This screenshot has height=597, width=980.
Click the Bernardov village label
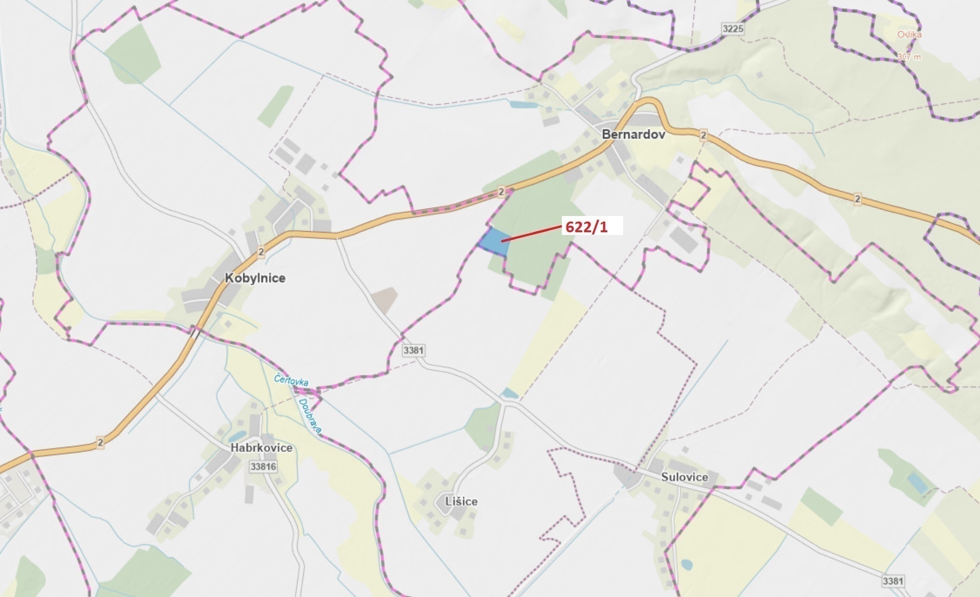(633, 135)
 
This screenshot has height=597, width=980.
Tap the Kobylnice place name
(255, 278)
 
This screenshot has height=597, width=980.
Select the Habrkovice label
(261, 448)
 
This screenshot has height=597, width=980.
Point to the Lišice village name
(461, 502)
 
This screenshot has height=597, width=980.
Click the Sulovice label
(684, 477)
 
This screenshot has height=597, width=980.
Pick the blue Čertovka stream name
(291, 380)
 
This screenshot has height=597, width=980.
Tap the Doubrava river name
(310, 416)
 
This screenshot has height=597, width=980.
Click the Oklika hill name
(909, 35)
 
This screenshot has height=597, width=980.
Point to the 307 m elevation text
(909, 57)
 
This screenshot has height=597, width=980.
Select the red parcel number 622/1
(586, 227)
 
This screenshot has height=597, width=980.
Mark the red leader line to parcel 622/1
(531, 234)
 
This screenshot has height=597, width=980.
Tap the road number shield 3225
(733, 29)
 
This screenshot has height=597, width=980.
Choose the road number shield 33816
(263, 466)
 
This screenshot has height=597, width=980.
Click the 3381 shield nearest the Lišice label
(413, 350)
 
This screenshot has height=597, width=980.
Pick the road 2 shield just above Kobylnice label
(261, 252)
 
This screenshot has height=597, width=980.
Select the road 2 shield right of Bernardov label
(704, 135)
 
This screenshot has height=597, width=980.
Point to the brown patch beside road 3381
(384, 299)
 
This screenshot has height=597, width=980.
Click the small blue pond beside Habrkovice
(236, 437)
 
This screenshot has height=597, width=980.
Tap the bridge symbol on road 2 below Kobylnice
(195, 333)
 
